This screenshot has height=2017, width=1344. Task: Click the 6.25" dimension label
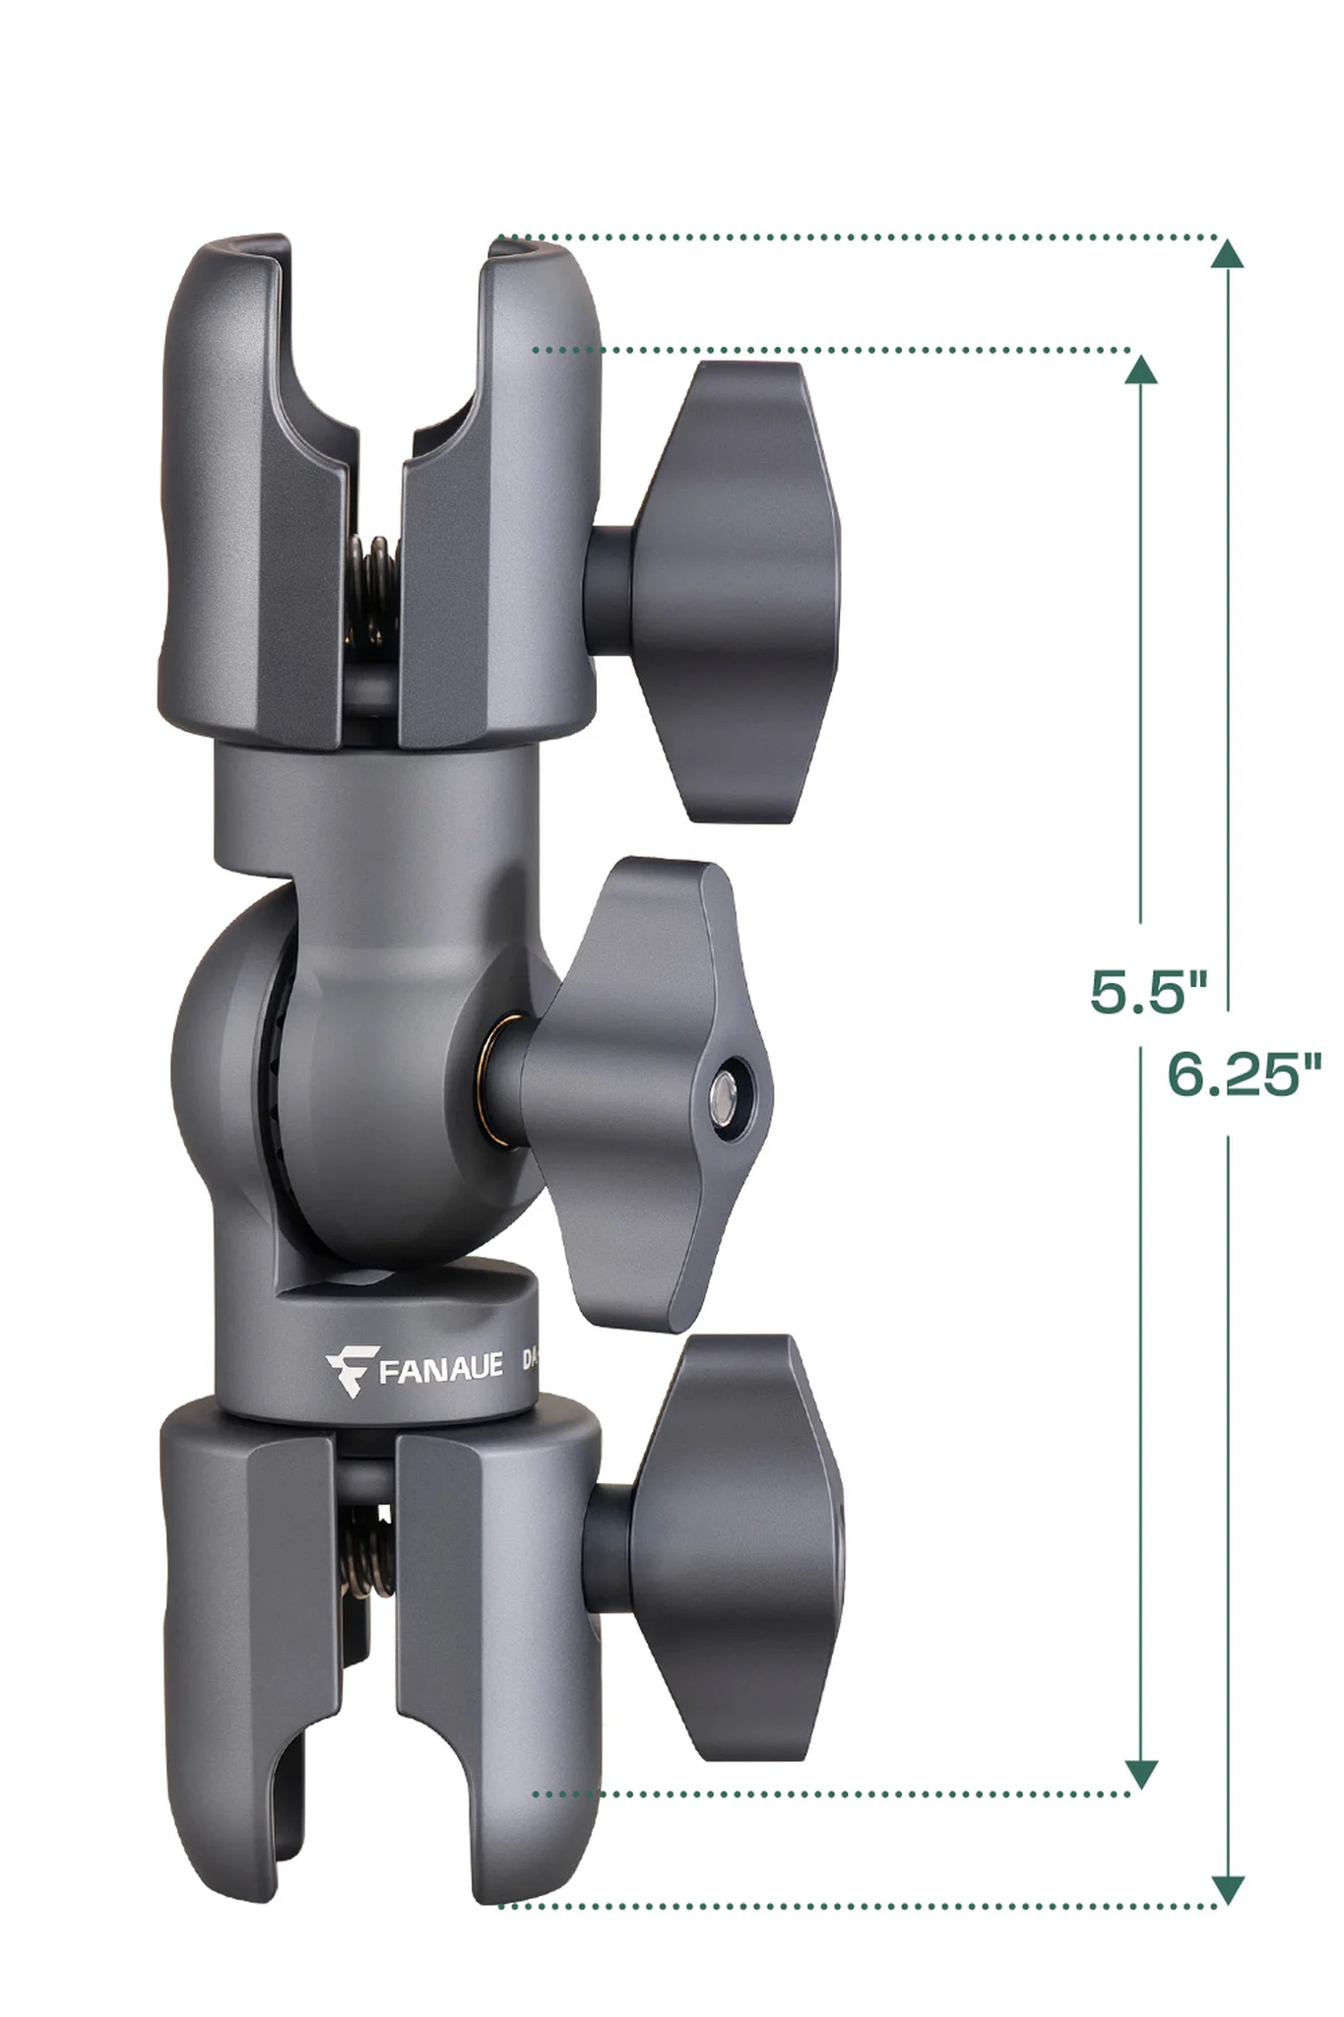point(1243,1074)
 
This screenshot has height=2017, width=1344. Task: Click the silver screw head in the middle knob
point(726,1091)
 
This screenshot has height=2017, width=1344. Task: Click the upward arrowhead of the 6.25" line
point(1226,254)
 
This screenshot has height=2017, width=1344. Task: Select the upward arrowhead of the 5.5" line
point(1140,368)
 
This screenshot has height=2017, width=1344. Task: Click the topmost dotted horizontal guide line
point(857,237)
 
